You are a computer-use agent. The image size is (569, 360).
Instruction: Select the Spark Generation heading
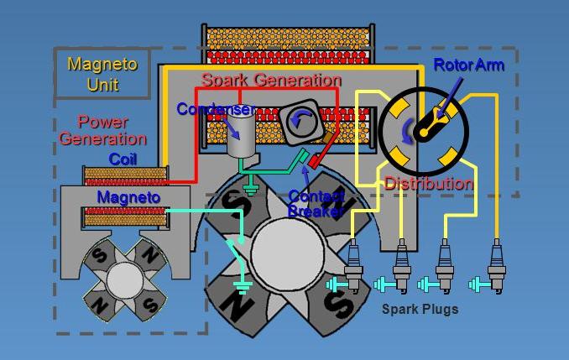270,81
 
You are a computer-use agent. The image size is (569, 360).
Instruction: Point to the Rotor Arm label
468,65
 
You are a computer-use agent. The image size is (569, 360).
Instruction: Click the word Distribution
428,184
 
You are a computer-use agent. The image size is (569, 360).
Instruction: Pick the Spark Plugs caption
420,309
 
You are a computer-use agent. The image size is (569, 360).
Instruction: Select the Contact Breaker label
316,204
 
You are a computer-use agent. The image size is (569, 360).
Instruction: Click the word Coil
123,159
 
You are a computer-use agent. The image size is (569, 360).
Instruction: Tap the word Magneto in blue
128,197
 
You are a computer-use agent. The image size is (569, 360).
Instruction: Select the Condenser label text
215,109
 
